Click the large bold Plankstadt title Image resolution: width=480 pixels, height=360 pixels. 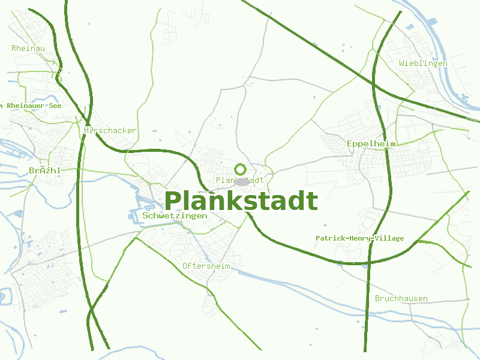[241, 201]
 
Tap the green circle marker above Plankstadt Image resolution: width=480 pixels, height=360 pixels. [240, 169]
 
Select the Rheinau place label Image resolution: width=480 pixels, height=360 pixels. [28, 48]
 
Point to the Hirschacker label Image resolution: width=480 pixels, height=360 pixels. [110, 130]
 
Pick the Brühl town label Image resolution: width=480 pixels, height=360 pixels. [44, 171]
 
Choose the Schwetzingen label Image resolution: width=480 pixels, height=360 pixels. [175, 215]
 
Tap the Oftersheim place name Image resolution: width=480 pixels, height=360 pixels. [206, 266]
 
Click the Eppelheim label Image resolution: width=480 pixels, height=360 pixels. [371, 144]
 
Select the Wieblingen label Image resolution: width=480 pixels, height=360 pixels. [423, 63]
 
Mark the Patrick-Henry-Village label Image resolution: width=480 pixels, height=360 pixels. [359, 238]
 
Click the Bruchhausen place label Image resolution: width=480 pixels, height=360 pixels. [401, 298]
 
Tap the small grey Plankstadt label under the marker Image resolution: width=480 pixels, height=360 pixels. [239, 180]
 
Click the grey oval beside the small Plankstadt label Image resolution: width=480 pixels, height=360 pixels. [242, 181]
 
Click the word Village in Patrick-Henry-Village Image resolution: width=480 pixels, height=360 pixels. [389, 238]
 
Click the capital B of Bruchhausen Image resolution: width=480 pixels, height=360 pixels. [377, 298]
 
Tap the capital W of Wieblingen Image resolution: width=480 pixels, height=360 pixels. [402, 63]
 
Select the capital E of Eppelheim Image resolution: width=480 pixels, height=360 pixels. [350, 144]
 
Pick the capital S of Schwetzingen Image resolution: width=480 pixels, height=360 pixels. [145, 215]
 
